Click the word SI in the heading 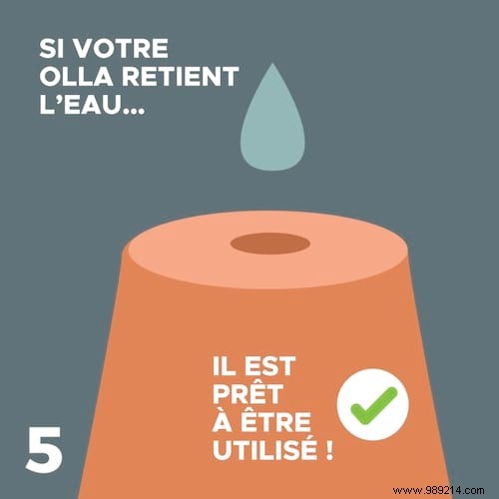(x=51, y=49)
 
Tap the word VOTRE (x=121, y=49)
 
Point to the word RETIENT (x=180, y=76)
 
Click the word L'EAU (x=80, y=105)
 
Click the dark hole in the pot (x=270, y=244)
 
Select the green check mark (x=374, y=406)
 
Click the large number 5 (x=44, y=449)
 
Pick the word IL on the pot (x=224, y=366)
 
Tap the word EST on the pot (x=269, y=366)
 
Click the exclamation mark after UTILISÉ (x=328, y=449)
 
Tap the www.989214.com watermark (x=438, y=490)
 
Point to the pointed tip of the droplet (x=272, y=63)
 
